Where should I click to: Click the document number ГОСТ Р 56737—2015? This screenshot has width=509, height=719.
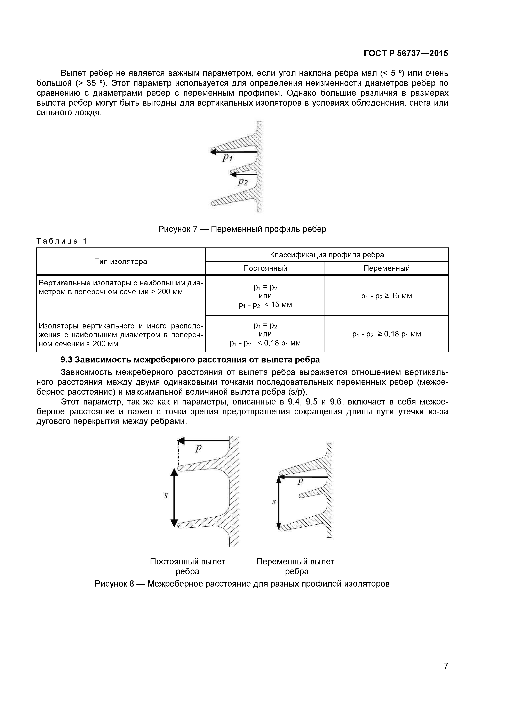point(406,54)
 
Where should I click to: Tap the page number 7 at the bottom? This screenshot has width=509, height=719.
point(446,675)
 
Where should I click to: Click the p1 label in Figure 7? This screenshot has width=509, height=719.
point(227,158)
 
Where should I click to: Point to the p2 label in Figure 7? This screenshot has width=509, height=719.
point(242,182)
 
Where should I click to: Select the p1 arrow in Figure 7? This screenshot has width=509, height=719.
point(233,152)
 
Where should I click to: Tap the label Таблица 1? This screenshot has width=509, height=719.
point(61,241)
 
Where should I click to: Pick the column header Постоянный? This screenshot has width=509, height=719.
point(265,268)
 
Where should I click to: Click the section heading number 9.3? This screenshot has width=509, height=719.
point(66,360)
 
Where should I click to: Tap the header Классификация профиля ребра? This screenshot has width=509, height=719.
point(327,255)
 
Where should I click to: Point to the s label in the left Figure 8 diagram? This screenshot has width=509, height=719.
point(166,496)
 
